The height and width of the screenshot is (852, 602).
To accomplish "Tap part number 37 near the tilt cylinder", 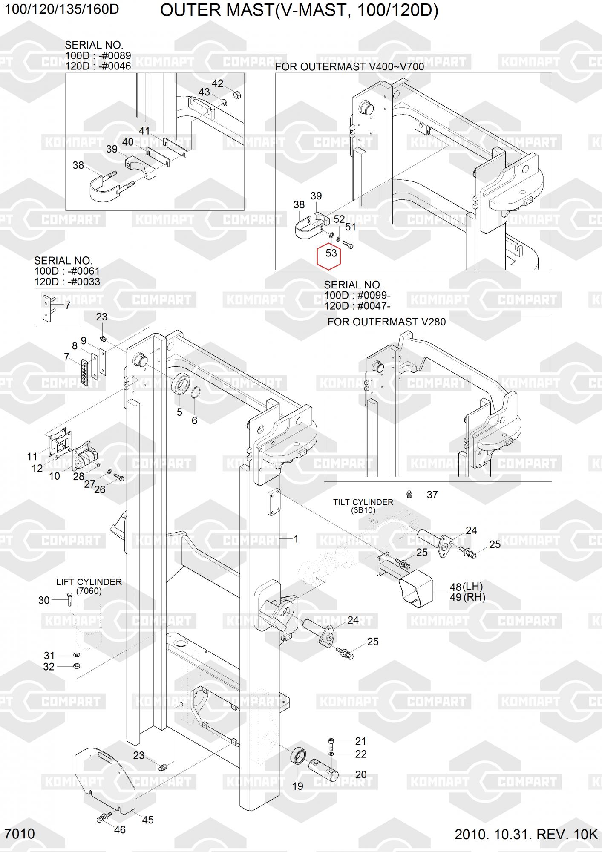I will [432, 495].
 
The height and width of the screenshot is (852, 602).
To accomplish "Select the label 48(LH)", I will [467, 587].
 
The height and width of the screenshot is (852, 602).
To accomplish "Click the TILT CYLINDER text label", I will [363, 502].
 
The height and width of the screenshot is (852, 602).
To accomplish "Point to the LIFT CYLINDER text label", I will [89, 582].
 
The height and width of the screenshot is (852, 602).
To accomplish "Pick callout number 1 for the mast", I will [296, 539].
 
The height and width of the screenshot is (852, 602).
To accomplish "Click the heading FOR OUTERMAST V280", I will [386, 322].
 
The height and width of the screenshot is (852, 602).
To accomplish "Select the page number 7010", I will [20, 834].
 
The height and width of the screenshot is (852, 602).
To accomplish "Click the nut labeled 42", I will [238, 94].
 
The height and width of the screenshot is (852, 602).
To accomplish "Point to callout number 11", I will [32, 457].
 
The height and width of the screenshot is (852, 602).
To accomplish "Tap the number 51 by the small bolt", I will [350, 227].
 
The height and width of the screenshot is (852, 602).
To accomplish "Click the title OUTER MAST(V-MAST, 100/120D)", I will [299, 11].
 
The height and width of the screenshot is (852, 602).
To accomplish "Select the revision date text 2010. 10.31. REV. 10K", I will [526, 834].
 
